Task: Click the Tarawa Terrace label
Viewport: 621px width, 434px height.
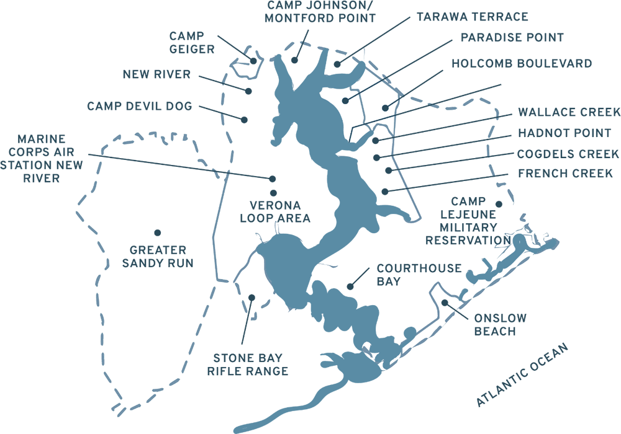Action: point(473,17)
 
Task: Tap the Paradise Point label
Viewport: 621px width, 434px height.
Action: point(512,38)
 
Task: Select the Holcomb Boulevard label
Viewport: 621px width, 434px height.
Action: point(522,64)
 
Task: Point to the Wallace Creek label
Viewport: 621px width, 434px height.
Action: point(569,112)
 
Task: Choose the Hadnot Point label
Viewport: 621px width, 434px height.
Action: point(564,133)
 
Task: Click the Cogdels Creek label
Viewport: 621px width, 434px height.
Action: point(568,154)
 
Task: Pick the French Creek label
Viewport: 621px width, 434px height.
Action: point(566,174)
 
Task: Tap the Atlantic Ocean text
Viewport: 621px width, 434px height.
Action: point(522,374)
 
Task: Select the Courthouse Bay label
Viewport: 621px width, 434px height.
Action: point(419,275)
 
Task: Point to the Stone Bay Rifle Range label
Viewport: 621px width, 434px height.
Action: point(248,365)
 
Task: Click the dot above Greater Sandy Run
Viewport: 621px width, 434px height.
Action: point(158,232)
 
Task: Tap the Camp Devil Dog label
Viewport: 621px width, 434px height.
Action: point(139,106)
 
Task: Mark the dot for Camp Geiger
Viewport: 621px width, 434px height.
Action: point(253,61)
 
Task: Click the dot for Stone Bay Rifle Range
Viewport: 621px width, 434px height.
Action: point(252,298)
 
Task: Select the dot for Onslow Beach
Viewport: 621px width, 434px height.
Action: point(445,303)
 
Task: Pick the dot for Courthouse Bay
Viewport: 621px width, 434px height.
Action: point(350,286)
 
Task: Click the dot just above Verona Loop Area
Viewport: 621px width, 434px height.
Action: point(273,193)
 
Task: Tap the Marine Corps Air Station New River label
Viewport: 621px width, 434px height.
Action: point(41,159)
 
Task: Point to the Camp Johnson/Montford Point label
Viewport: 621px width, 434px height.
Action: point(320,12)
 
